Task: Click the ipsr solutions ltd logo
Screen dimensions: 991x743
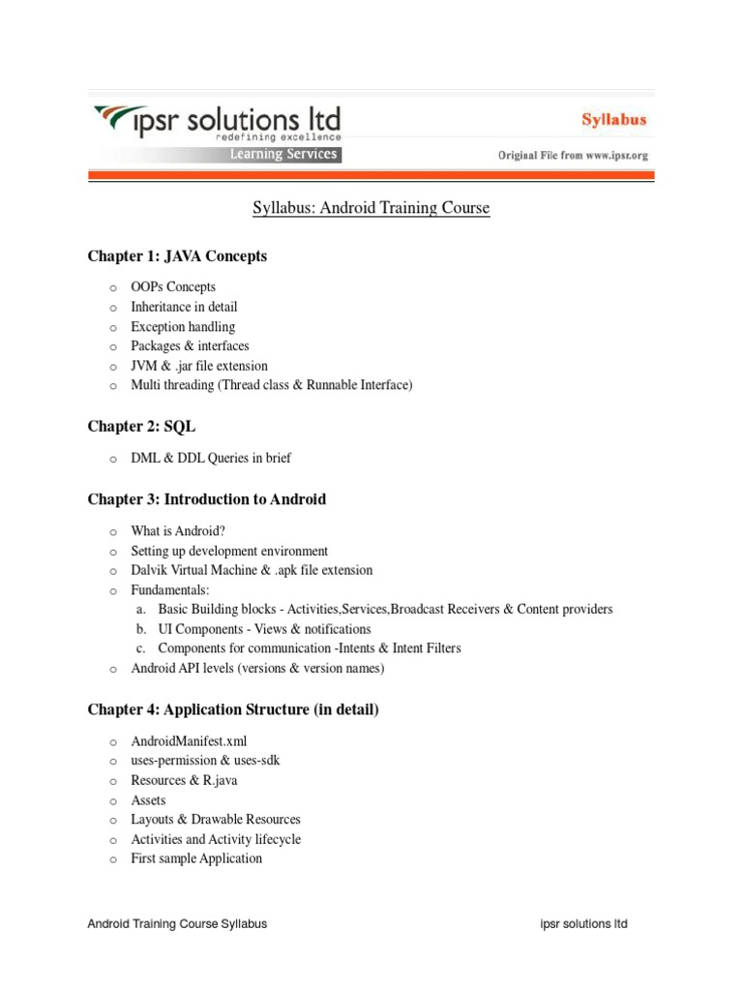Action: pyautogui.click(x=215, y=123)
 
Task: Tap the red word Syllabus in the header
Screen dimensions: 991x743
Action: pyautogui.click(x=614, y=121)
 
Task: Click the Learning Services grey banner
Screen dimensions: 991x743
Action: pyautogui.click(x=282, y=155)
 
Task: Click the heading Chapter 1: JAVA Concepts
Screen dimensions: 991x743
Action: pyautogui.click(x=177, y=256)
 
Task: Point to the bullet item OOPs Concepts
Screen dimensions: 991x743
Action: pyautogui.click(x=173, y=287)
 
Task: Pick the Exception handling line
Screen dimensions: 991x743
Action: pyautogui.click(x=183, y=327)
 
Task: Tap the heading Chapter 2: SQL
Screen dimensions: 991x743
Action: pyautogui.click(x=141, y=427)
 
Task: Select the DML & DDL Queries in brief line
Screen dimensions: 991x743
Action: pyautogui.click(x=211, y=458)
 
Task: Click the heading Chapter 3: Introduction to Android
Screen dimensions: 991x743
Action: pyautogui.click(x=207, y=499)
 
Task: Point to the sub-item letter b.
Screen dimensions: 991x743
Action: pyautogui.click(x=140, y=629)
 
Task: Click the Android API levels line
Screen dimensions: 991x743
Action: pyautogui.click(x=257, y=669)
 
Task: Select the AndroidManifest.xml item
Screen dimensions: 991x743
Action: pyautogui.click(x=182, y=741)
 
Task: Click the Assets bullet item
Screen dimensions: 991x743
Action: pyautogui.click(x=148, y=800)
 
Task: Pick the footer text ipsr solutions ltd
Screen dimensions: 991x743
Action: pyautogui.click(x=583, y=924)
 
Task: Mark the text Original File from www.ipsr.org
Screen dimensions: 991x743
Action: pyautogui.click(x=573, y=155)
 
